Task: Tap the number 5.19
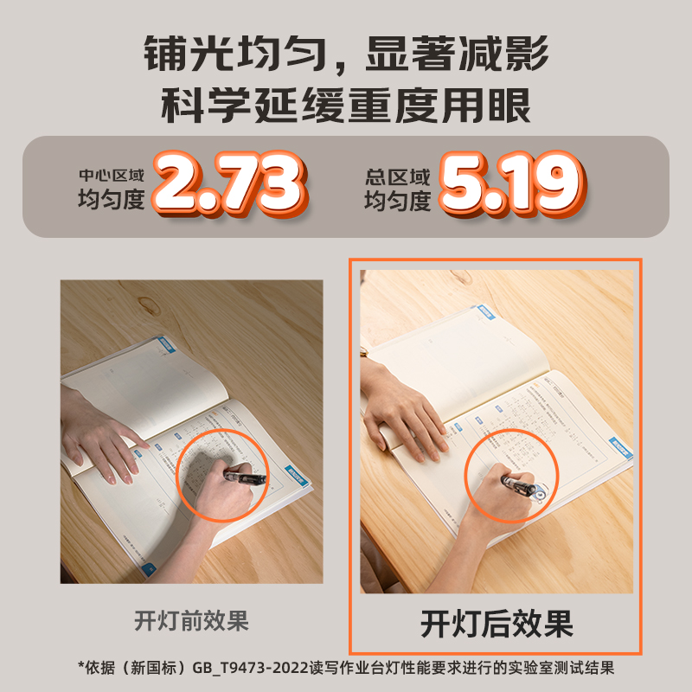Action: click(x=508, y=184)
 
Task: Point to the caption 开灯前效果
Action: click(x=191, y=621)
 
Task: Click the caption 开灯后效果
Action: click(x=497, y=623)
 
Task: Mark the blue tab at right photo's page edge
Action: click(x=620, y=448)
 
